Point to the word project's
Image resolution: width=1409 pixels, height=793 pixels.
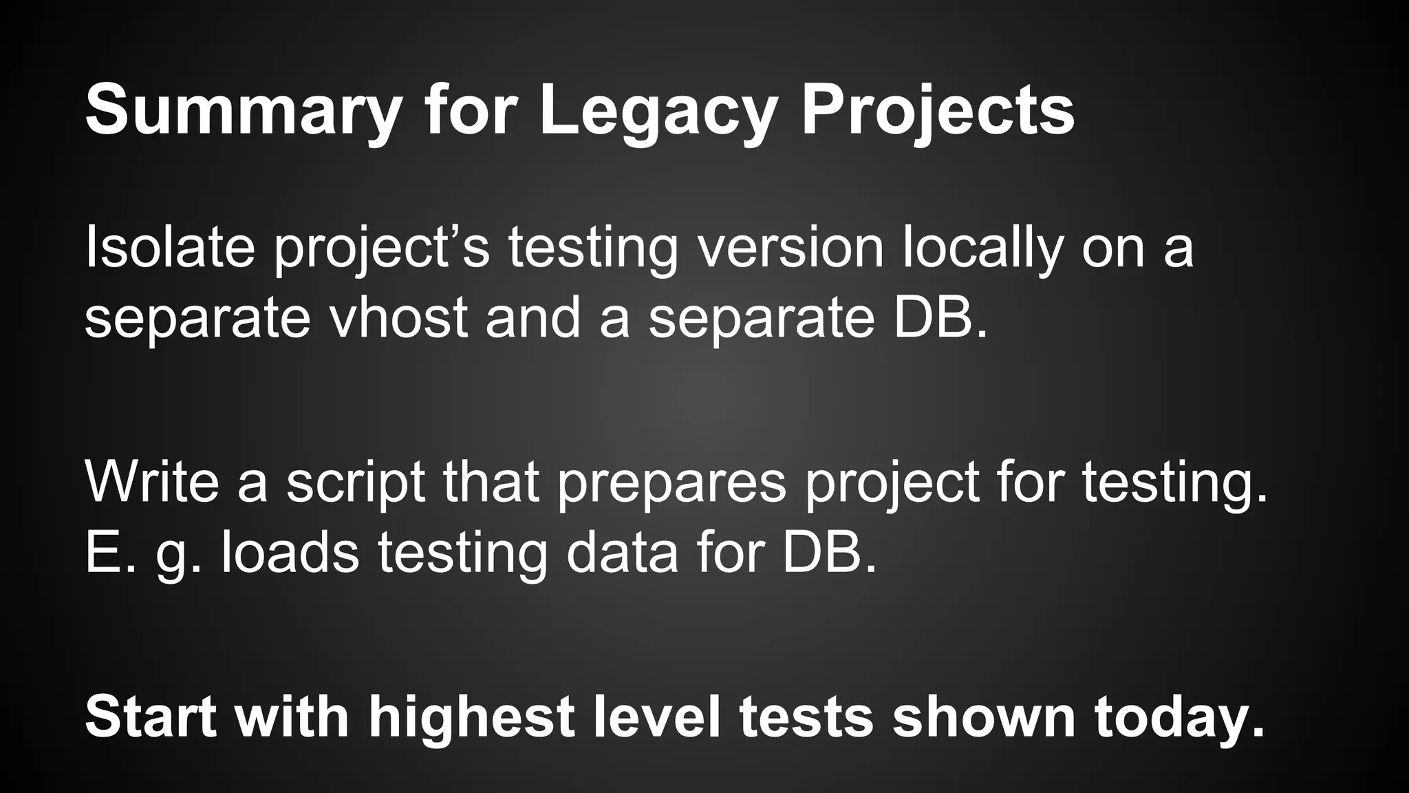point(382,249)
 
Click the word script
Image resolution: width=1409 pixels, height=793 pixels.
point(355,483)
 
